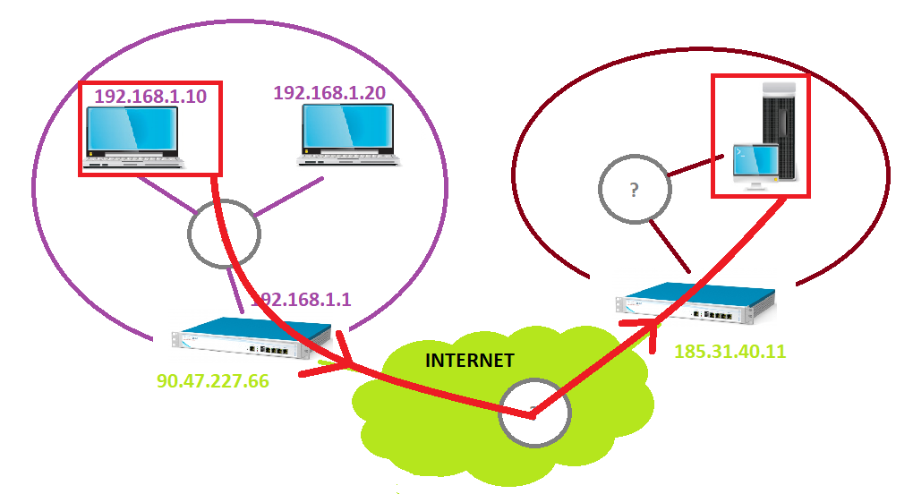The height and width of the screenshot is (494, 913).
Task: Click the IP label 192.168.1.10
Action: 149,96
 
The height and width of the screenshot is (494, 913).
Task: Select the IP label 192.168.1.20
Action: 329,92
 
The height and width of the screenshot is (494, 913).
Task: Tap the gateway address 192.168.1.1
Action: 302,300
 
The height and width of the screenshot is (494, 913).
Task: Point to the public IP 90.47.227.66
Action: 214,380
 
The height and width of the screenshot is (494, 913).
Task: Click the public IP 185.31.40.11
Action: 730,352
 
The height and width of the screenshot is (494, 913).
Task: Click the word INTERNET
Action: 469,361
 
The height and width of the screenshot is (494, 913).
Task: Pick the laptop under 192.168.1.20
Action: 348,135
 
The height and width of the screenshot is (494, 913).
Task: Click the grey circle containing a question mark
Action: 634,190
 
